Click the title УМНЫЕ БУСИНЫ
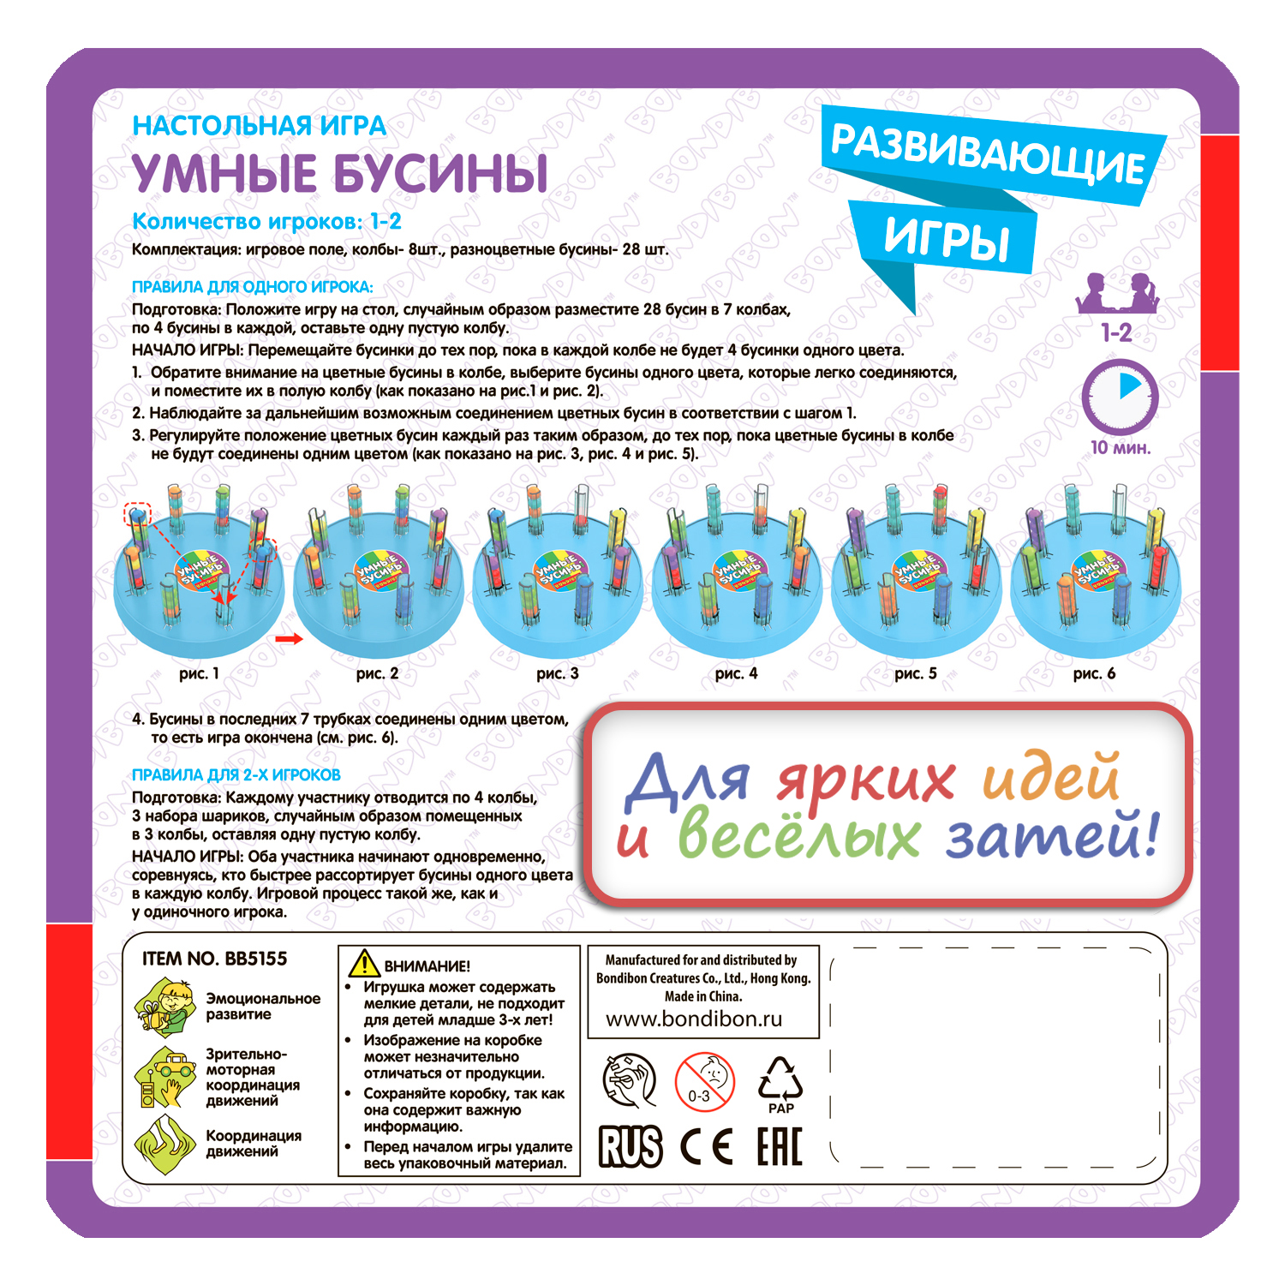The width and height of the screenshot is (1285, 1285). point(340,174)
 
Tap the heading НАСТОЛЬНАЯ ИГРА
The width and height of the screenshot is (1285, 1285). point(259,126)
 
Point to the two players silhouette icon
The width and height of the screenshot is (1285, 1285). point(1117,294)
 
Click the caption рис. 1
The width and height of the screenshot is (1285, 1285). point(199,673)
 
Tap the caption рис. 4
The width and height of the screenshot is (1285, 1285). point(736,673)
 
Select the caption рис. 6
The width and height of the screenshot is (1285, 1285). point(1094,673)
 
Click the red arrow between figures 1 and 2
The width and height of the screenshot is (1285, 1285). point(289,639)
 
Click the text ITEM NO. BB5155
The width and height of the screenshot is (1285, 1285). point(215,959)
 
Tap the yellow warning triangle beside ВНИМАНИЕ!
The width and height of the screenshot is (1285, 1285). point(364,964)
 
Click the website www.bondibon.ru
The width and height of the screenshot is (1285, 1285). point(694,1019)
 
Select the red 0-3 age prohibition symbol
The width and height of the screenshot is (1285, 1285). point(704,1082)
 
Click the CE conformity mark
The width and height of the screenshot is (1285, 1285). point(707,1146)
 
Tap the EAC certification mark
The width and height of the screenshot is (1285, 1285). point(780,1146)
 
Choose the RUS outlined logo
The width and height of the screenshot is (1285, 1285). point(631,1146)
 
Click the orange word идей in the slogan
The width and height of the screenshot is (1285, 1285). point(1050,778)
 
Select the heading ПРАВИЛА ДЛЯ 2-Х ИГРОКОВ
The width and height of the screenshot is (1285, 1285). point(236,775)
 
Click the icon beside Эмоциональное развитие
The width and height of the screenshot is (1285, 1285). point(165,1007)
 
